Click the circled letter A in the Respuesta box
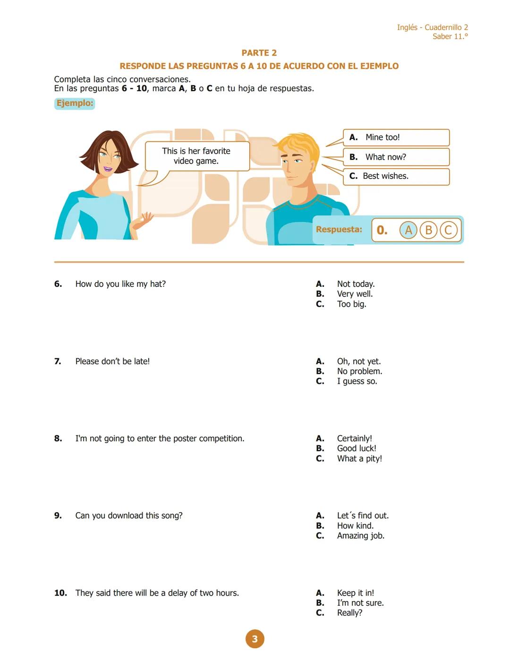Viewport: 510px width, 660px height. [x=408, y=230]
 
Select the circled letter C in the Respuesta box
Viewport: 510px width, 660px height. [x=449, y=230]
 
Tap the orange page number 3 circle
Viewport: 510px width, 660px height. [x=255, y=639]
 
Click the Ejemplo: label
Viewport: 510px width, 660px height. [x=75, y=103]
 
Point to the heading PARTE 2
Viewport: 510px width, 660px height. [x=259, y=53]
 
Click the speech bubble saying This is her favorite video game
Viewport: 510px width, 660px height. [x=196, y=156]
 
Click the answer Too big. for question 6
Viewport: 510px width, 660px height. [x=351, y=304]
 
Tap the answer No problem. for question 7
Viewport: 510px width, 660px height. [x=359, y=371]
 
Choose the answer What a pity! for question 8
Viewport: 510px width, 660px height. [x=359, y=459]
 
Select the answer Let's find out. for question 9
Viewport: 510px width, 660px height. [x=363, y=516]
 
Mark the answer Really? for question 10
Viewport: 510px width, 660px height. [x=349, y=613]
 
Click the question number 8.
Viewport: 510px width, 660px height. [x=58, y=438]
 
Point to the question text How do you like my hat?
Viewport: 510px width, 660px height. [x=120, y=284]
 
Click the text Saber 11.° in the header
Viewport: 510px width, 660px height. [x=450, y=36]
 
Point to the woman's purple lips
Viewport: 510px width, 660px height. [x=108, y=169]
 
